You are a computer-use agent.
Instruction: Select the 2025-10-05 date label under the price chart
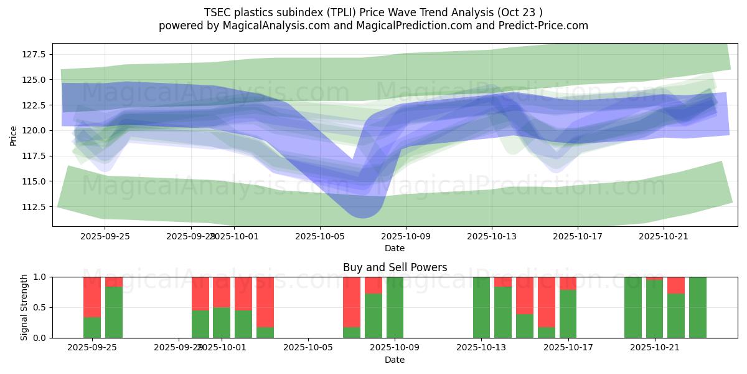coord(320,236)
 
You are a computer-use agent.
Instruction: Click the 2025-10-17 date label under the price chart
coord(577,236)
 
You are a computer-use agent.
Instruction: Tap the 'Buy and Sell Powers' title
coord(395,267)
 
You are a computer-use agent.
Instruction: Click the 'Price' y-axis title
coord(14,135)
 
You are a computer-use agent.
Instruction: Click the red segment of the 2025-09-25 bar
coord(92,297)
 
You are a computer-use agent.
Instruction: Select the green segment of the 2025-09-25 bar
coord(92,327)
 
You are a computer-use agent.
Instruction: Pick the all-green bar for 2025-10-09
coord(395,307)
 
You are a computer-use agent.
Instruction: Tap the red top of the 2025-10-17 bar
coord(568,283)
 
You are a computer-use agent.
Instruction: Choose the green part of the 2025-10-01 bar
coord(222,322)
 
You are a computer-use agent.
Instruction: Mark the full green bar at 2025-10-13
coord(481,307)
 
